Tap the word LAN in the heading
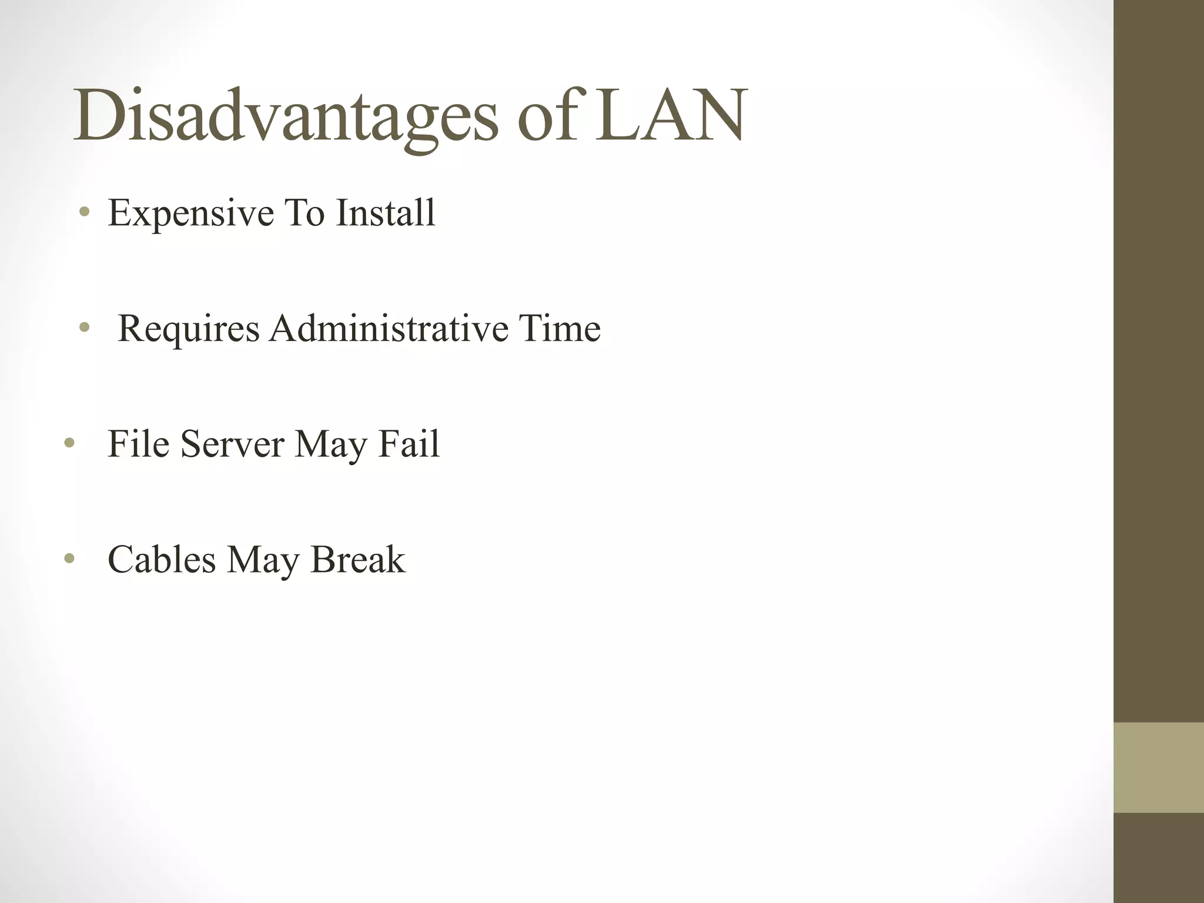click(x=670, y=116)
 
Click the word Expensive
click(x=191, y=213)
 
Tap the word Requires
click(x=188, y=329)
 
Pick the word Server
click(x=232, y=443)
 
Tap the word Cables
click(x=162, y=559)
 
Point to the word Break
click(x=357, y=559)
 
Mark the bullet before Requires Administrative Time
click(x=85, y=327)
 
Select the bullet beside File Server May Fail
click(x=69, y=443)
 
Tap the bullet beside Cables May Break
click(x=69, y=558)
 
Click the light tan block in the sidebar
click(x=1158, y=767)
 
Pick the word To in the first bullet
click(x=305, y=212)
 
